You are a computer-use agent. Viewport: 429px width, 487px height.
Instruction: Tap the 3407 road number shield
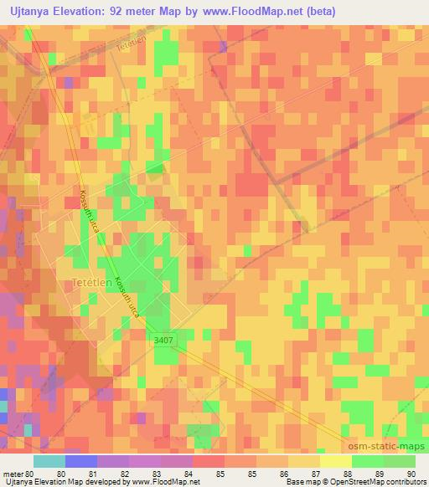click(165, 338)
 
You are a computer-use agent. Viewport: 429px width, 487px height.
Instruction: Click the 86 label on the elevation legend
click(272, 473)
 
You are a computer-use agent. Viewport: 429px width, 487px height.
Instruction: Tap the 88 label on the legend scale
click(336, 473)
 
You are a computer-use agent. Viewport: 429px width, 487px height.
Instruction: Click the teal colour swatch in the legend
click(49, 460)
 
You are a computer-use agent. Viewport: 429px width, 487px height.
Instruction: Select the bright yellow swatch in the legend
click(336, 460)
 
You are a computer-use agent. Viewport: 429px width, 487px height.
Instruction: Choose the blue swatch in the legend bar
click(81, 460)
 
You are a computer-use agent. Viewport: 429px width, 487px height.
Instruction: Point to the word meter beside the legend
click(14, 473)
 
